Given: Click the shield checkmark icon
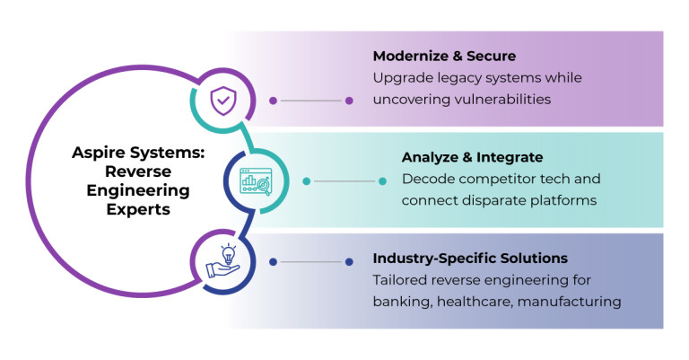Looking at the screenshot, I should click(x=221, y=101).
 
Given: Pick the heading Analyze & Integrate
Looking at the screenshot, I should click(x=472, y=157).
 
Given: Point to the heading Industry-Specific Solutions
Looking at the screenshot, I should click(x=470, y=259).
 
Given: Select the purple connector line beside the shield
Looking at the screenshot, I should click(x=310, y=101).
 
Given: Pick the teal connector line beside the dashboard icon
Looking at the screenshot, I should click(x=344, y=181).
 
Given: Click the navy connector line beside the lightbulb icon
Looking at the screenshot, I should click(x=310, y=262).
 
